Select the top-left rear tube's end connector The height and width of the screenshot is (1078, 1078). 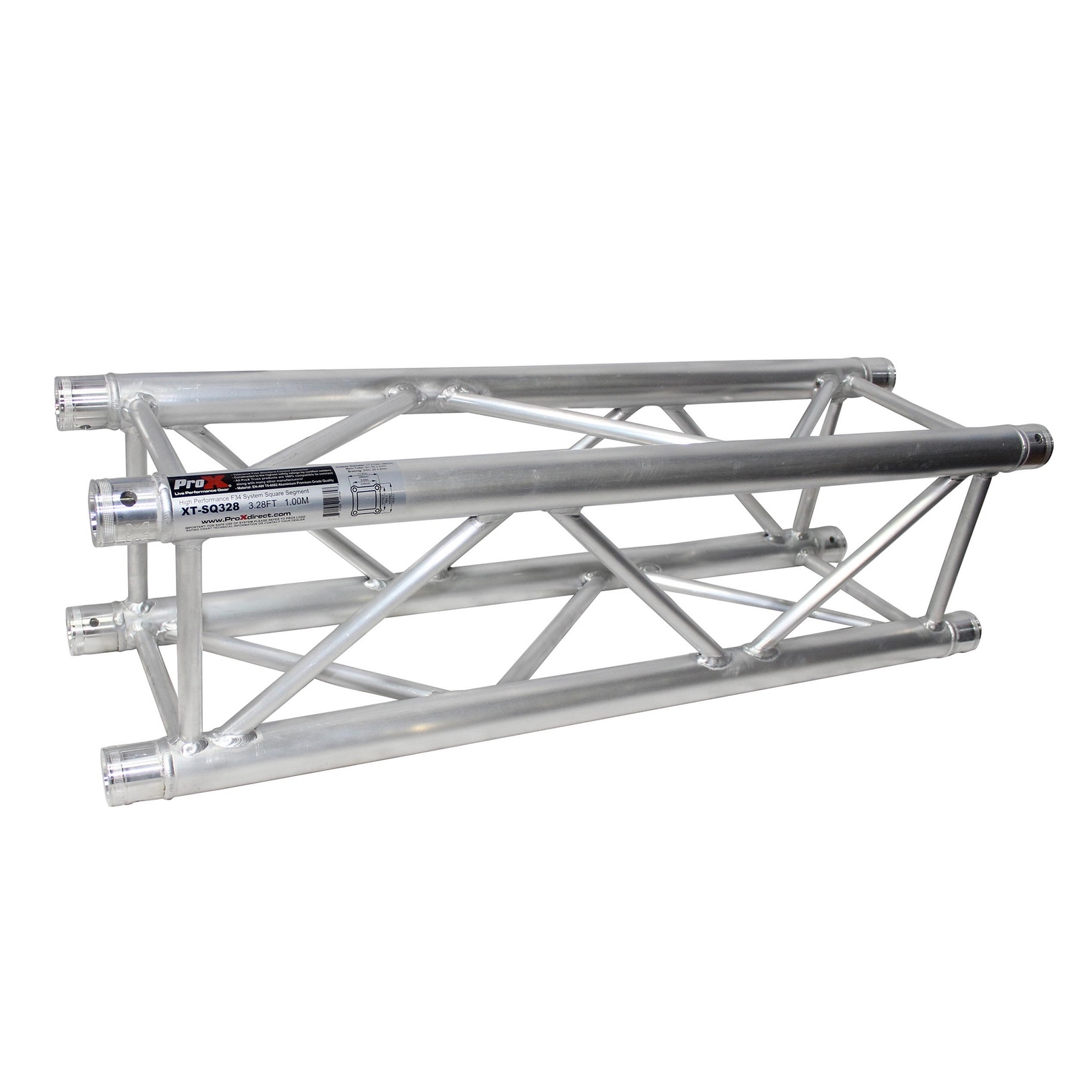point(82,403)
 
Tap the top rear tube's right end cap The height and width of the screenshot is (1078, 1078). point(880,371)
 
